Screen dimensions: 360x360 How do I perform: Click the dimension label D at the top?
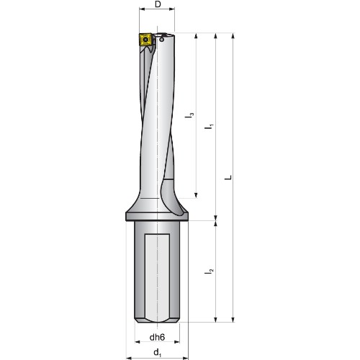[158, 4]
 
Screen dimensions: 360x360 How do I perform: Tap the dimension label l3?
[189, 115]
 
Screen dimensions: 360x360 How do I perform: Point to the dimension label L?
[228, 178]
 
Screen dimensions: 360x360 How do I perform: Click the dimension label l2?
[209, 271]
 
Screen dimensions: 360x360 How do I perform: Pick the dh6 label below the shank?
[157, 337]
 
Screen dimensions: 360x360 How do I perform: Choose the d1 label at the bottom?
[158, 353]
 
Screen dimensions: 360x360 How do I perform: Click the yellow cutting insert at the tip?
[145, 40]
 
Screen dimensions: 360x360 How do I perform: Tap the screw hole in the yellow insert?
[145, 39]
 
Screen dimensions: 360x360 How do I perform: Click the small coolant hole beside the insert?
[162, 40]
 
